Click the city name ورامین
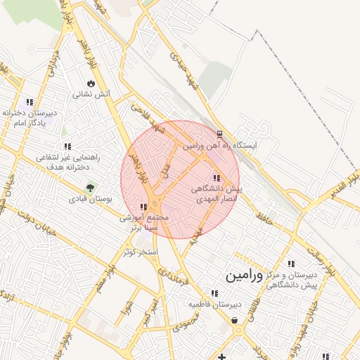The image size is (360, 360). click(x=244, y=276)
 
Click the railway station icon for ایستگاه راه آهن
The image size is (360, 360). click(x=219, y=134)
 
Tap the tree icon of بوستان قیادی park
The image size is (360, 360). click(x=90, y=188)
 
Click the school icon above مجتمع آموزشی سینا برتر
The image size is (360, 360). click(x=143, y=207)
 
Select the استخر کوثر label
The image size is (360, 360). click(x=141, y=251)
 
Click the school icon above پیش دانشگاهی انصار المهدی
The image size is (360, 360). click(x=215, y=177)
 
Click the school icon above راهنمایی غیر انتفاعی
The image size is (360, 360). click(x=67, y=146)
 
